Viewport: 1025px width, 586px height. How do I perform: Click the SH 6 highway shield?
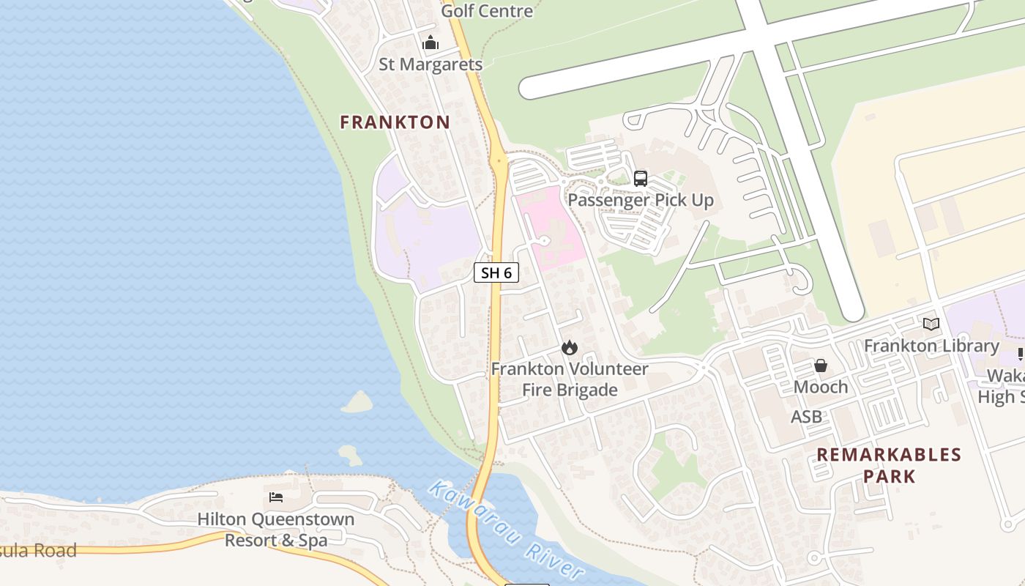[496, 272]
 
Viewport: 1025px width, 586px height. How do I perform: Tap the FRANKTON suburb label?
[395, 122]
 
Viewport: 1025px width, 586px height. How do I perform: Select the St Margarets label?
[430, 64]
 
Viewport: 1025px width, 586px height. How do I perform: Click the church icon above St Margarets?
[430, 42]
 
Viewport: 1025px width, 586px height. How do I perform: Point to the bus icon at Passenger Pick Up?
[641, 178]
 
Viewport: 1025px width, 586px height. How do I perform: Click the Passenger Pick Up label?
[641, 199]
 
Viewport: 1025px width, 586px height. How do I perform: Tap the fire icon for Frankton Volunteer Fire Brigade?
[569, 347]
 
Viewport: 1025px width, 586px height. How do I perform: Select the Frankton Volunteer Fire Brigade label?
[570, 379]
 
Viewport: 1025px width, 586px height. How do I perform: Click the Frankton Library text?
[931, 345]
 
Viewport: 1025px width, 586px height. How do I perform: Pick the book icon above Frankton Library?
[931, 324]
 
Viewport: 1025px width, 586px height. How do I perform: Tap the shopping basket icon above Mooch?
[821, 365]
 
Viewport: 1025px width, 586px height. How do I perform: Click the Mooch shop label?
[821, 386]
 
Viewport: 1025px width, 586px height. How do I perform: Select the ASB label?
[806, 416]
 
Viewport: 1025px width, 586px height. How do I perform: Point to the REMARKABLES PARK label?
[889, 465]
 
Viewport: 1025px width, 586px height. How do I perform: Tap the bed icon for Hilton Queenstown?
[276, 497]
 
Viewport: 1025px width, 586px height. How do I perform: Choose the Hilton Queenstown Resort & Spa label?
[276, 529]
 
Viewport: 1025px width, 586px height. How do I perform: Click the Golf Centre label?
[487, 11]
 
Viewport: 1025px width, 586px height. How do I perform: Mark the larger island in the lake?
[357, 402]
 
